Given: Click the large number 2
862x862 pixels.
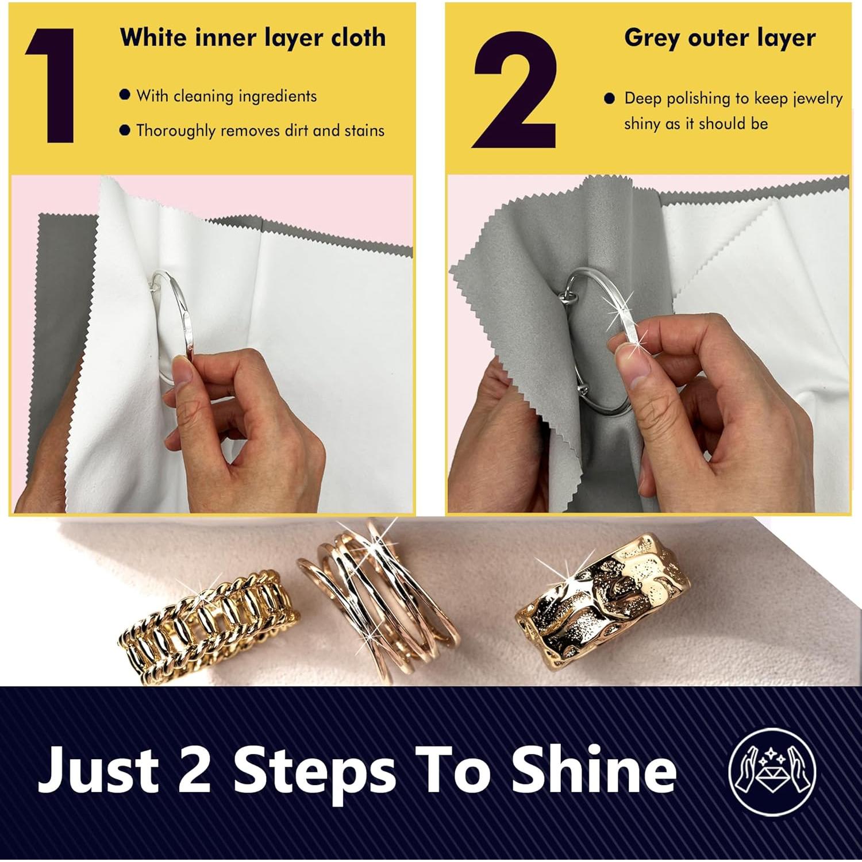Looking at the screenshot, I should tap(514, 90).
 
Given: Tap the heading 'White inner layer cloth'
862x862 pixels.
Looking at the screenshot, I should tap(253, 38).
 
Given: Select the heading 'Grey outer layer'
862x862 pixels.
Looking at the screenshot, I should tap(719, 38).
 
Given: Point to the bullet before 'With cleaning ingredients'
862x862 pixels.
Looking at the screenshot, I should tap(125, 95).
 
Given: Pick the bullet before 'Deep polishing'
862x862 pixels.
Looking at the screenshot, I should tap(610, 99).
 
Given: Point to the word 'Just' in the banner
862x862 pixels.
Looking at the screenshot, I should tap(98, 770).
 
